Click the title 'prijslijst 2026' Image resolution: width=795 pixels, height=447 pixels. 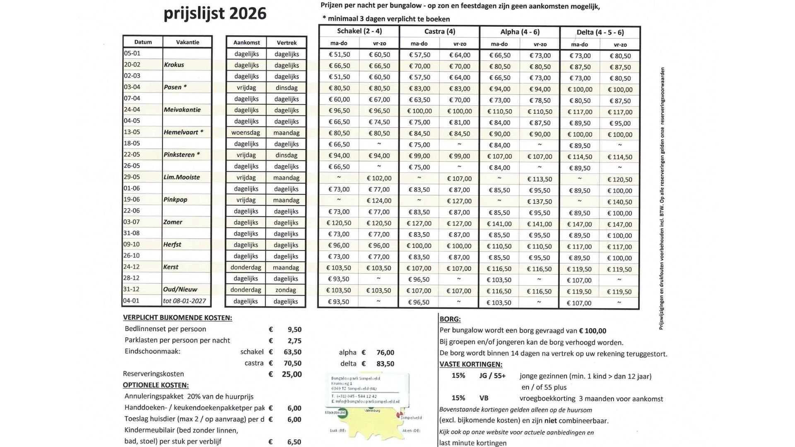coord(215,14)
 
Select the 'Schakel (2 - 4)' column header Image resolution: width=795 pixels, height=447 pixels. coord(359,31)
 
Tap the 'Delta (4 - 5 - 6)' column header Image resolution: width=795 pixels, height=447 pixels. coord(600,32)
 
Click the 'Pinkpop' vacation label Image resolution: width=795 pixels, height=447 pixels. coord(175,199)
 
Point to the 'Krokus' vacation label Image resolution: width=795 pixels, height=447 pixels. coord(174,65)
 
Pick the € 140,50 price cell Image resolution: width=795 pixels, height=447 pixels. coord(620,202)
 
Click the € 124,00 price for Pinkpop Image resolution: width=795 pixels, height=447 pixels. coord(379,201)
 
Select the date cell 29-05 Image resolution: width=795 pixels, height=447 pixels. coord(132,177)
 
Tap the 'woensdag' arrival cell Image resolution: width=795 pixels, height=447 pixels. coord(246,132)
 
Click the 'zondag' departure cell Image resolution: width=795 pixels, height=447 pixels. coord(286,290)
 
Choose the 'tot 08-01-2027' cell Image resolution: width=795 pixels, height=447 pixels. coord(184,301)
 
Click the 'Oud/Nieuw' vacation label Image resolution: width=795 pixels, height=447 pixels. coord(180,289)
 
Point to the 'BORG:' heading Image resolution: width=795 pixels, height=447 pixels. coord(450,319)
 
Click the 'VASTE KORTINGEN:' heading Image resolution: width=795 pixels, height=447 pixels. coord(471,365)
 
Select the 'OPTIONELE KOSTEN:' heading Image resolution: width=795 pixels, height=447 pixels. coord(156,385)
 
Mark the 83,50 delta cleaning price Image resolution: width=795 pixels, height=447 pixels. coord(385,364)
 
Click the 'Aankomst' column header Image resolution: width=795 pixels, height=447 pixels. coord(246,43)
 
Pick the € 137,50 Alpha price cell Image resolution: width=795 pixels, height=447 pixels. coord(540,202)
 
